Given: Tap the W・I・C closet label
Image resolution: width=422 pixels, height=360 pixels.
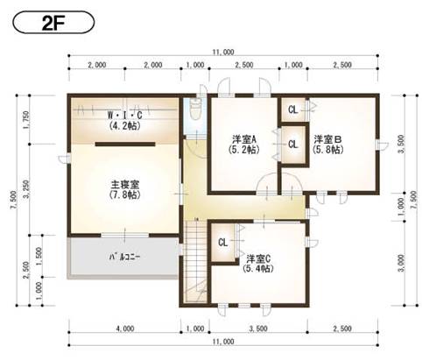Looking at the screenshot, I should [124, 116].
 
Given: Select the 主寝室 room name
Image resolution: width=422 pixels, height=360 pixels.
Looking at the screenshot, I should [125, 184].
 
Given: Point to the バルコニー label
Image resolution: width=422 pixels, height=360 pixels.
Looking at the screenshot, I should [124, 258].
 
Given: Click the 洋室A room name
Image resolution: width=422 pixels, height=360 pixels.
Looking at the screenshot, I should [243, 139].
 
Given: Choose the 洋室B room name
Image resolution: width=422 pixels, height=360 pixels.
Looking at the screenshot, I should [327, 139].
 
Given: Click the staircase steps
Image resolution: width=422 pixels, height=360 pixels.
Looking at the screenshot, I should [194, 258].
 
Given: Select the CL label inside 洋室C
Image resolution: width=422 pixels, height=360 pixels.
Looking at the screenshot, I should [222, 243].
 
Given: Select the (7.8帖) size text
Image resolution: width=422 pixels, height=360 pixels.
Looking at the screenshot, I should [125, 195].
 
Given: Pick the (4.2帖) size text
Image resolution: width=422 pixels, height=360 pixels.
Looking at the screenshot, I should [124, 126].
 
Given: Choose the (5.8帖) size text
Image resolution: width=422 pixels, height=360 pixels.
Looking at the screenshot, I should [327, 151].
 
